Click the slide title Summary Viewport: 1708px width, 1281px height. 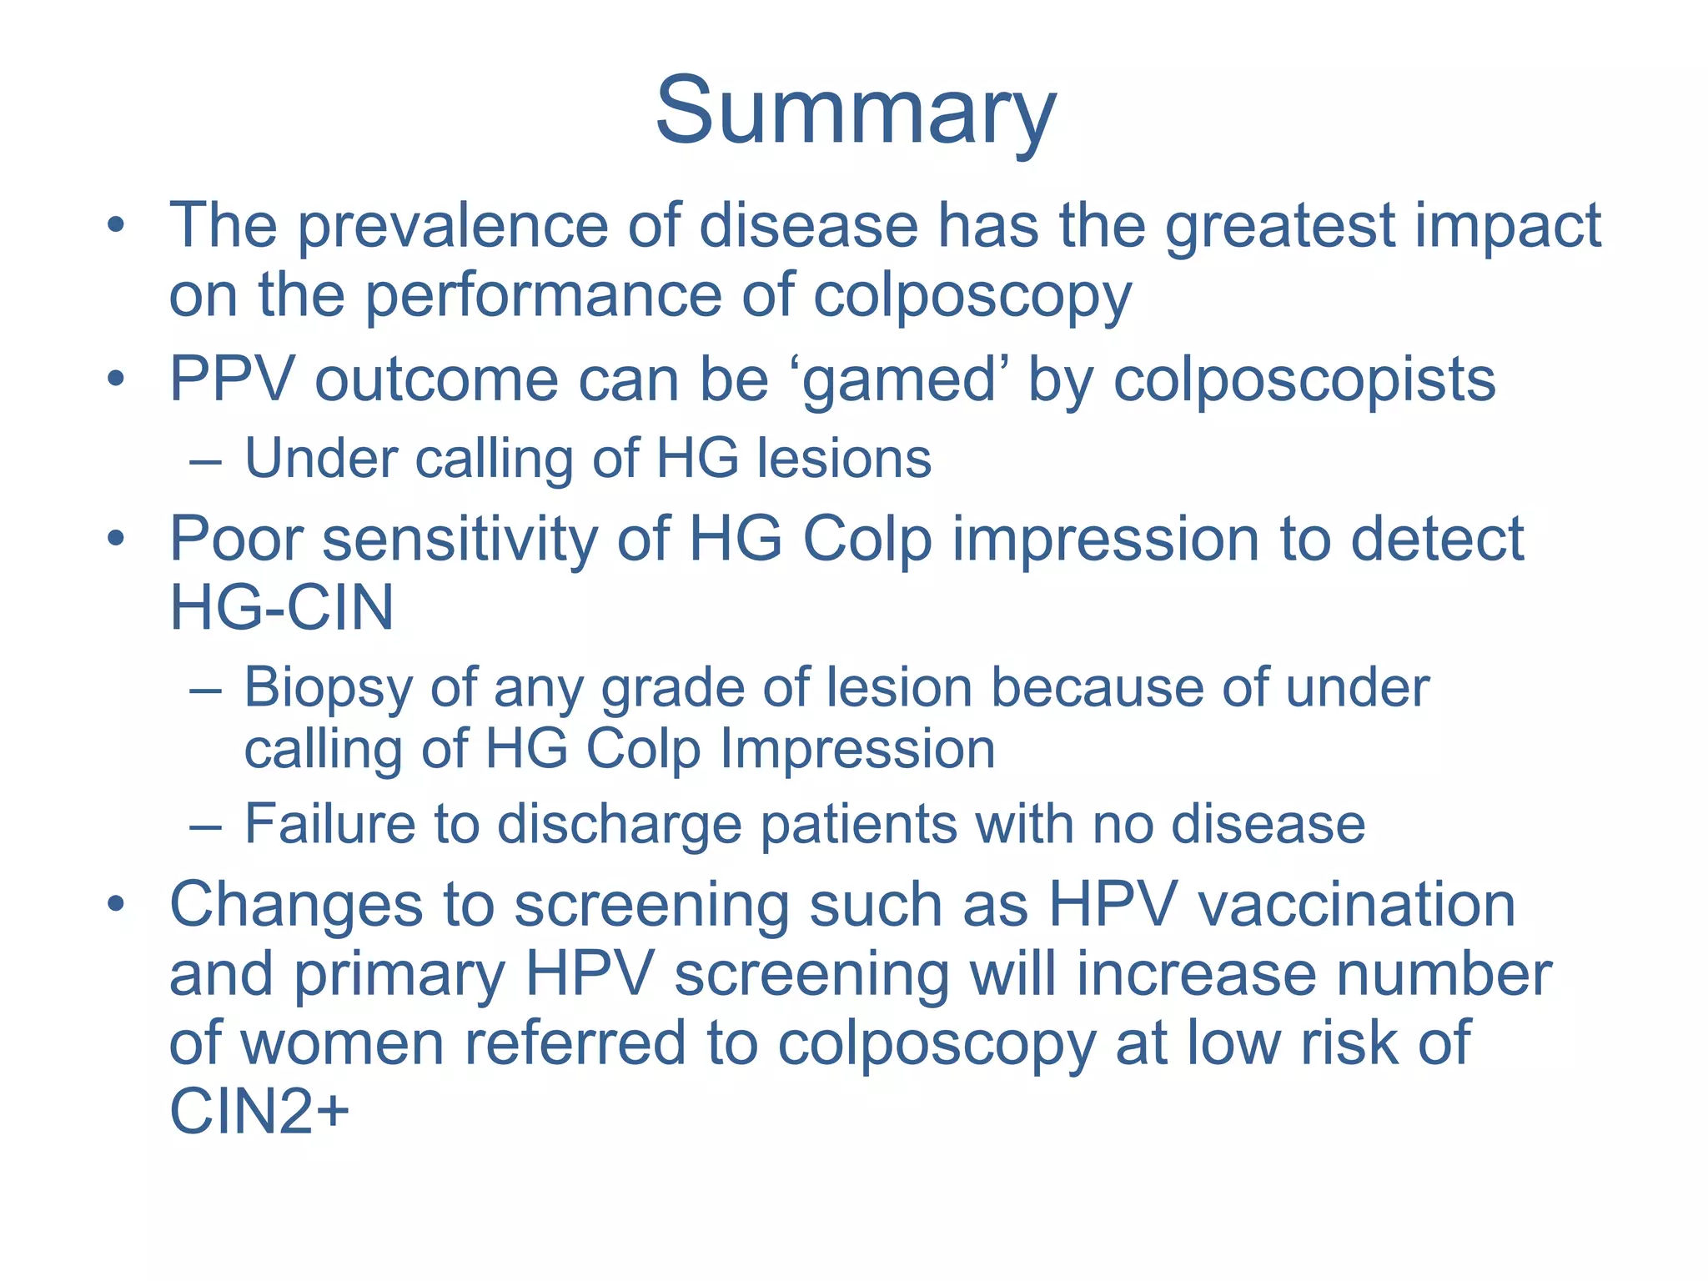[856, 113]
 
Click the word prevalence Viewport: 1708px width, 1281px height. [453, 227]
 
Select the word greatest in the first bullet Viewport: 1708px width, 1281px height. [1279, 227]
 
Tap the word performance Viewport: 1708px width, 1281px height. [543, 296]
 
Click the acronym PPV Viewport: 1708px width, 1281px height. [232, 380]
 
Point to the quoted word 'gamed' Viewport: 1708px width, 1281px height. [899, 380]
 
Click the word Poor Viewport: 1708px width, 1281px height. [236, 540]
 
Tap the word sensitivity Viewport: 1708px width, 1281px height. [460, 540]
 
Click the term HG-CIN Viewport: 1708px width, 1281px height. [282, 608]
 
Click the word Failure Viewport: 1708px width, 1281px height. [329, 824]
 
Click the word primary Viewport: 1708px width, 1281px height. [399, 975]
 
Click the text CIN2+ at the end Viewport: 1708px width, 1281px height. [259, 1113]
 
